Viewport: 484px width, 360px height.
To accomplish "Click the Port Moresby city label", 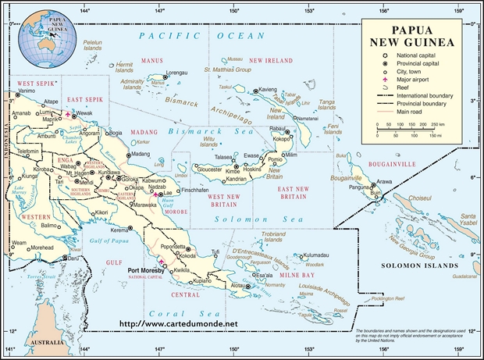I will pyautogui.click(x=145, y=270).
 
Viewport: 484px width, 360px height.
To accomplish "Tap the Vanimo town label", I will pyautogui.click(x=27, y=91).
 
